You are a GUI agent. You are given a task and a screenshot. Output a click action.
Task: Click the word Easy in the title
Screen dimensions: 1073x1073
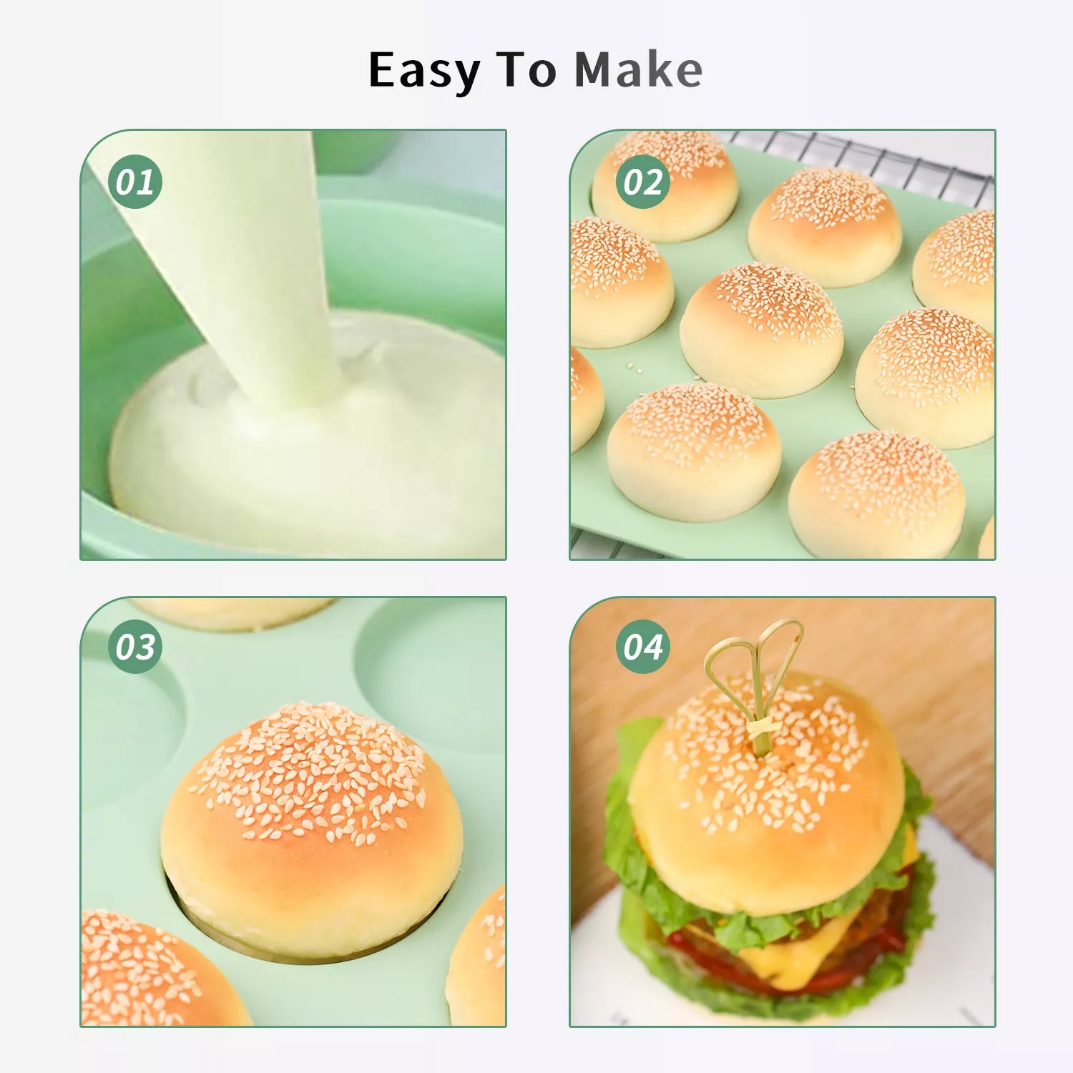pyautogui.click(x=424, y=72)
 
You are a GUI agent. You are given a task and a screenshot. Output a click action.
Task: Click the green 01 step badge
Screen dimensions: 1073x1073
pyautogui.click(x=135, y=182)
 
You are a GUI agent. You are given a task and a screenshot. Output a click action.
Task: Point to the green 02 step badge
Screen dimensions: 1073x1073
pyautogui.click(x=643, y=182)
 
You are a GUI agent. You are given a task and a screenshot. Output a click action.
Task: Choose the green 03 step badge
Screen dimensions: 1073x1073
pyautogui.click(x=135, y=647)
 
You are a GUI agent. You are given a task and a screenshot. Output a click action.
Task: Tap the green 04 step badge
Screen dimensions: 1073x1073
pyautogui.click(x=643, y=647)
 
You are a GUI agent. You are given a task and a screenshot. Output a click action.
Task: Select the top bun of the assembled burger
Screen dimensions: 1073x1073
pyautogui.click(x=765, y=794)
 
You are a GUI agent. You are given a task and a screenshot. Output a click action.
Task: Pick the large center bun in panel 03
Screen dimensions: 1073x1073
pyautogui.click(x=312, y=830)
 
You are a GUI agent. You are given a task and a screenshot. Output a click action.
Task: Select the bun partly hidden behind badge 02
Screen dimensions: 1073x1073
pyautogui.click(x=665, y=186)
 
